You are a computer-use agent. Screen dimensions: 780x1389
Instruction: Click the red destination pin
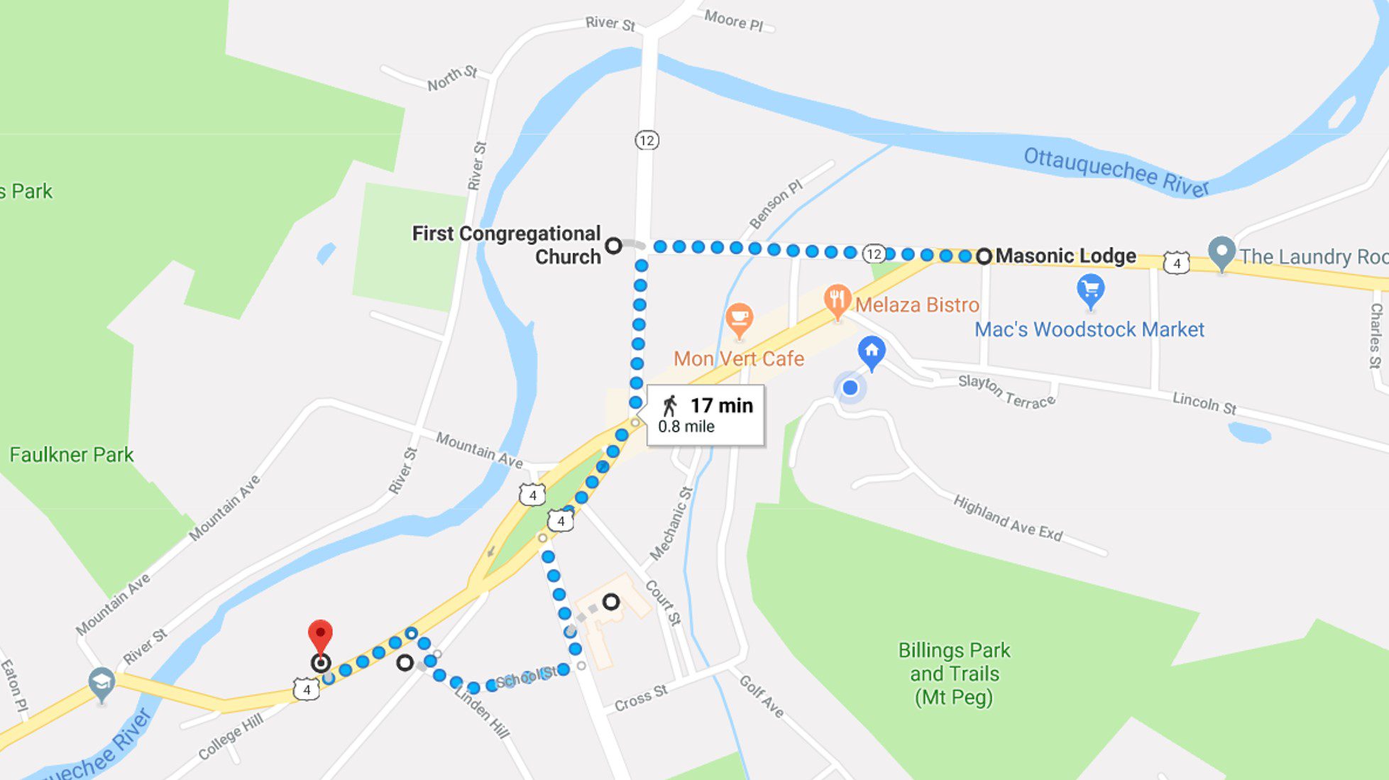320,635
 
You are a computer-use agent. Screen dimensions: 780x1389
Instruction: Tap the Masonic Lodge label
1065,256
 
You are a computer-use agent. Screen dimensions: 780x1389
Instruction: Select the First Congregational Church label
507,245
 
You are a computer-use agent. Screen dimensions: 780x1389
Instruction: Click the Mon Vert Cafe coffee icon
739,319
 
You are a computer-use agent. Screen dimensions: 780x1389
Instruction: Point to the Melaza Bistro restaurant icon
838,301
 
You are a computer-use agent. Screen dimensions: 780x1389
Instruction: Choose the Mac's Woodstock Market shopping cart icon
1090,290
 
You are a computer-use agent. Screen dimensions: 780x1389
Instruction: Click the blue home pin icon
872,351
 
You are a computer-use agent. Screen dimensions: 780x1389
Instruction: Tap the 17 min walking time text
721,405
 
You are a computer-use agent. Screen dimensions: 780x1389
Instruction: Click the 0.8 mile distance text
686,427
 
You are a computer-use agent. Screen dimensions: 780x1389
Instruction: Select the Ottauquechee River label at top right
1115,171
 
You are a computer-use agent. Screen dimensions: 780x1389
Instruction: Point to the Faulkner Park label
71,455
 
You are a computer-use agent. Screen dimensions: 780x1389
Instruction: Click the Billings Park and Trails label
954,674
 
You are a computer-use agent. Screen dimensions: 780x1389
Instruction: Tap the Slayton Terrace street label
1006,392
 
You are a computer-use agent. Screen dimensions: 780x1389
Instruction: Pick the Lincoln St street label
1204,402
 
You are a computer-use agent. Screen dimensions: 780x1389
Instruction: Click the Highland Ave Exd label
1007,518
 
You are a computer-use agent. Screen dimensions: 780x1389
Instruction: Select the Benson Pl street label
776,204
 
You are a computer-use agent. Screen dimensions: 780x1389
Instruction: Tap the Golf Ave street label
762,696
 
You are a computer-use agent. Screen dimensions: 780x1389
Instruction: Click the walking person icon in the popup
669,406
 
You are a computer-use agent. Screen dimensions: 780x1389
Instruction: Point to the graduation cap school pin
101,683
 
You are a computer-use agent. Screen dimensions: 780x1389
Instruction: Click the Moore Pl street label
733,21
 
